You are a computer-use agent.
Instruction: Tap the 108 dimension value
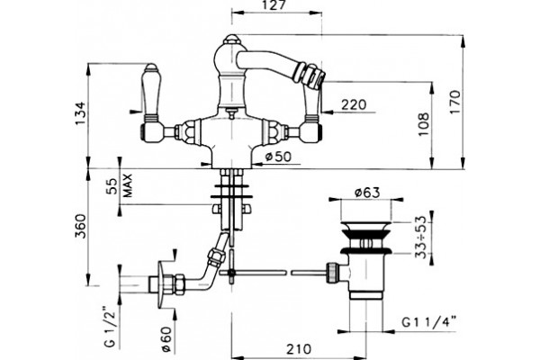[424, 124]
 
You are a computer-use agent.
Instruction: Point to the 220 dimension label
[354, 104]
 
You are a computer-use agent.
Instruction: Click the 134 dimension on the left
[80, 113]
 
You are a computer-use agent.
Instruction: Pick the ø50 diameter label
[278, 157]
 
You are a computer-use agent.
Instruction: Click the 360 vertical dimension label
[81, 226]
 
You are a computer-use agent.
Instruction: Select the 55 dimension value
[112, 187]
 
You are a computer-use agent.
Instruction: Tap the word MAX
[128, 185]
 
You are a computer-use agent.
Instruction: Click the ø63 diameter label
[367, 193]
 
